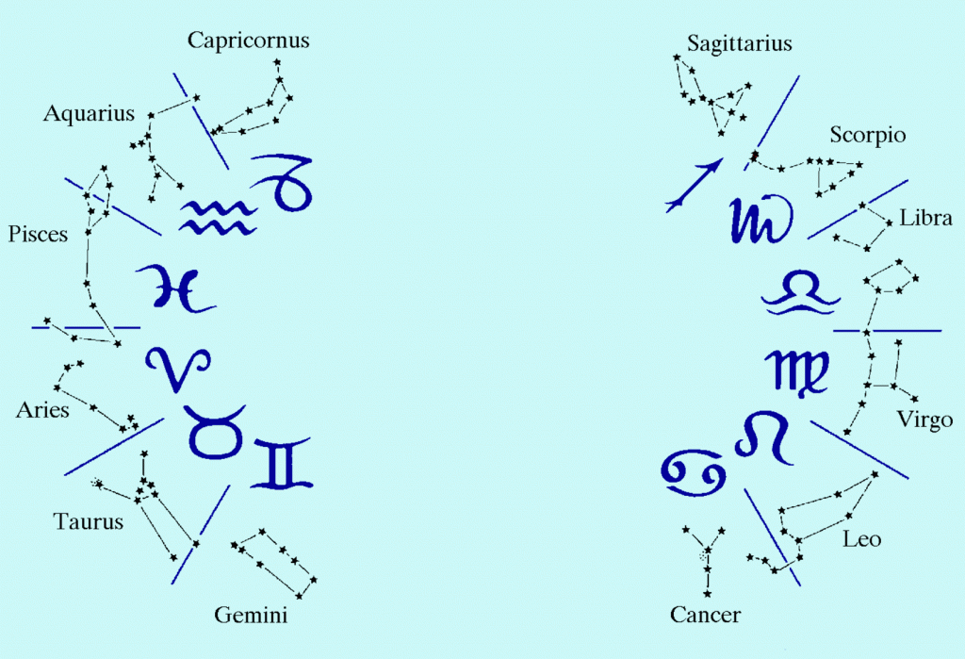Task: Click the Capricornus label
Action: point(248,41)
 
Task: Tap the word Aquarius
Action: point(90,114)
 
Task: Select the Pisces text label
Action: point(38,234)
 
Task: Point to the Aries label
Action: point(42,410)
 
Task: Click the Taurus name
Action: point(89,521)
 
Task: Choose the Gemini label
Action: point(251,617)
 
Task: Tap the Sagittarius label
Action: point(739,43)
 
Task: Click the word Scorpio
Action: point(867,136)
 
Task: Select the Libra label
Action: point(925,219)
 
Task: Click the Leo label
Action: point(861,540)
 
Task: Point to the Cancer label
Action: point(705,616)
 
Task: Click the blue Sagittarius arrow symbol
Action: point(694,185)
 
